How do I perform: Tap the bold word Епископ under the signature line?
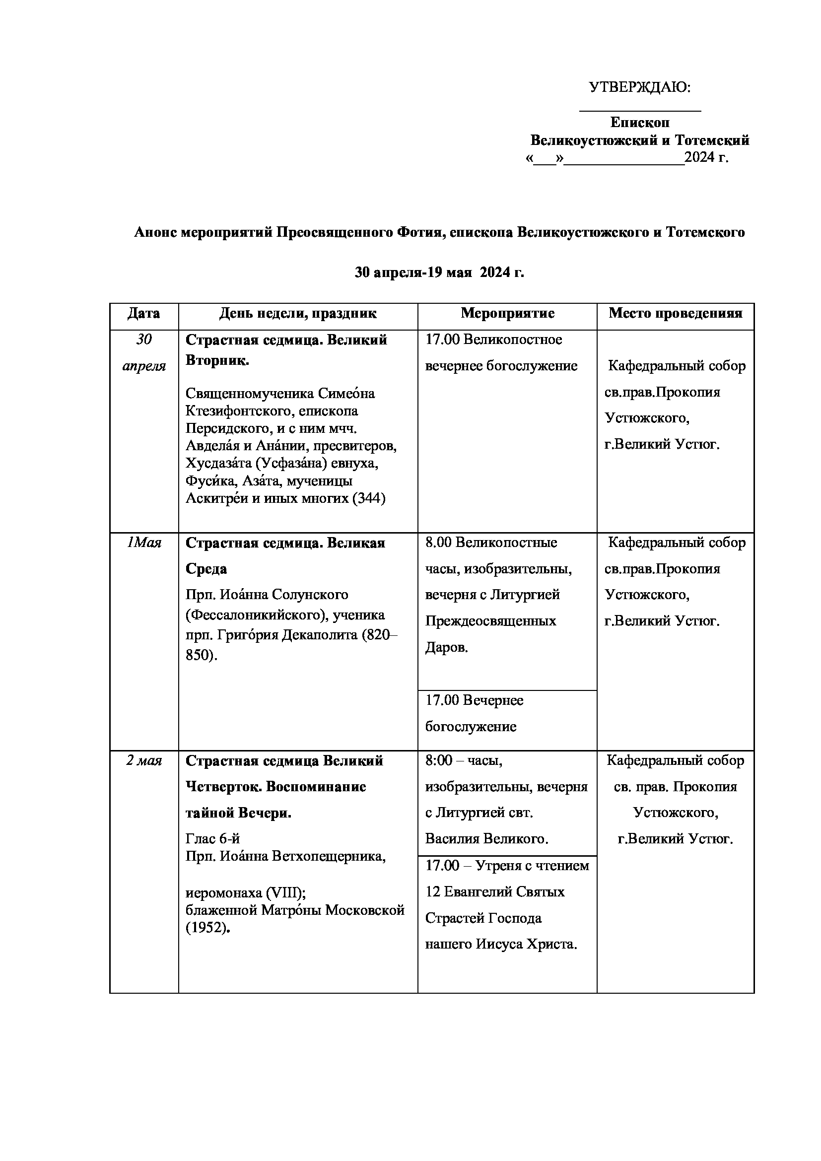(x=639, y=123)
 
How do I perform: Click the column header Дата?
(x=143, y=314)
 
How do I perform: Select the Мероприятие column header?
(x=507, y=314)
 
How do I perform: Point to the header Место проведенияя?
(x=676, y=314)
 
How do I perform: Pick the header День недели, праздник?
(x=298, y=314)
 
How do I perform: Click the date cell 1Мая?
(x=143, y=543)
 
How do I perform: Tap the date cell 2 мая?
(x=143, y=761)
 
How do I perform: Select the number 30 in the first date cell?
(x=143, y=340)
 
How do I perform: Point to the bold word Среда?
(x=206, y=569)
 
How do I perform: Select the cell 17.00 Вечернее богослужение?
(x=474, y=713)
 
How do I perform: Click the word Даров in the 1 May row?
(x=446, y=648)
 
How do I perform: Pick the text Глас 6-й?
(x=212, y=839)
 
